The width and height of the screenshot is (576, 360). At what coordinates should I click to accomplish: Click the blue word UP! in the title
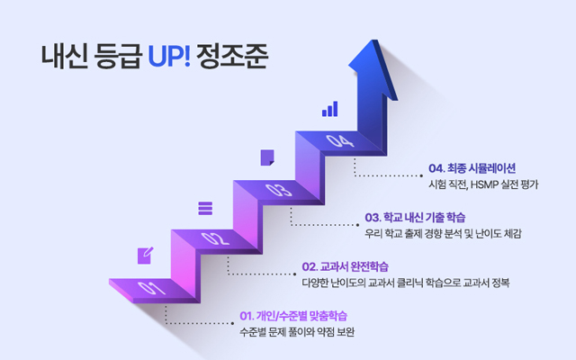tap(169, 56)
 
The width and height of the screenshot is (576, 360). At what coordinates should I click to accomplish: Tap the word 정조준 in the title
tap(232, 56)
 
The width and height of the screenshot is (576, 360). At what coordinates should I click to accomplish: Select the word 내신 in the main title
tap(64, 56)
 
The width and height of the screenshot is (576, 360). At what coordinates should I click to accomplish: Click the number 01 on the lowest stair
tap(151, 288)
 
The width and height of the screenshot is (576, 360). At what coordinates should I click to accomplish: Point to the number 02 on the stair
tap(215, 238)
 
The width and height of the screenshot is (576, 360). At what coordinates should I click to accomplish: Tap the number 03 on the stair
tap(279, 190)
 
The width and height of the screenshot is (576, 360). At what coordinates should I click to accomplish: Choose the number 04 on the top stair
tap(340, 140)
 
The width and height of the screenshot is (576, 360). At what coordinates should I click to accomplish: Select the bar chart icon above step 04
tap(330, 109)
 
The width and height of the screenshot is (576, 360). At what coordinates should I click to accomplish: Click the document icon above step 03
tap(267, 157)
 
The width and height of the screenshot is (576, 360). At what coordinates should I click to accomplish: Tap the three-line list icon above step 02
tap(205, 208)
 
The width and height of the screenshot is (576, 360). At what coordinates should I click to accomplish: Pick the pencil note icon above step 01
tap(145, 256)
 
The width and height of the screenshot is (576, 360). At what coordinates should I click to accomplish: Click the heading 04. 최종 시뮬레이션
tap(472, 168)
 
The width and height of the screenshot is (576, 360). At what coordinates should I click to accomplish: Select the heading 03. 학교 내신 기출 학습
tap(415, 218)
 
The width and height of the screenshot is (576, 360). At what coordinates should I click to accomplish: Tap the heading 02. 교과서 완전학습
tap(345, 266)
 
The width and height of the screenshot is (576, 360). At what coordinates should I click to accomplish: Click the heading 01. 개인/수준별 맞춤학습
tap(293, 316)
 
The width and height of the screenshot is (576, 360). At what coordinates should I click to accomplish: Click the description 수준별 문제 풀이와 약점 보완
tap(297, 332)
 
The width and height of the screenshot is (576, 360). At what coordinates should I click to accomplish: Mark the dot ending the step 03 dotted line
tap(358, 225)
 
